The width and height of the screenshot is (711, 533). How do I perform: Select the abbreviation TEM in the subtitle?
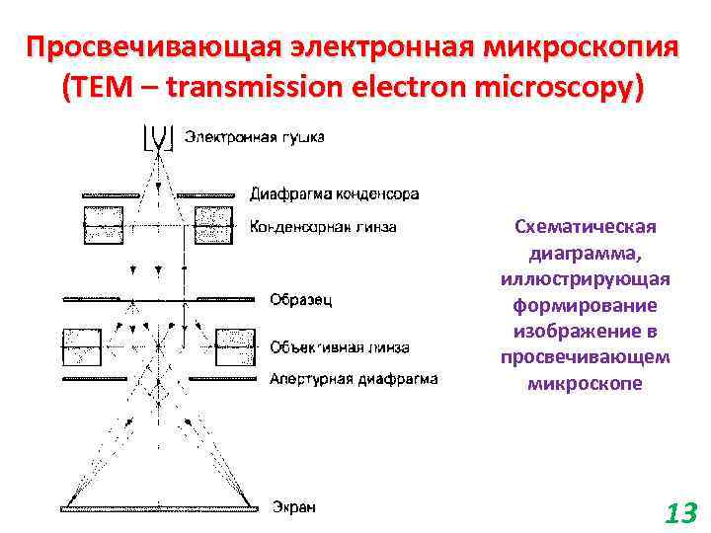click(97, 88)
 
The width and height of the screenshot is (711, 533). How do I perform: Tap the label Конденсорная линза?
click(324, 227)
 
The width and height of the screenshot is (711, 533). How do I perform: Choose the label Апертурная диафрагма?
click(354, 378)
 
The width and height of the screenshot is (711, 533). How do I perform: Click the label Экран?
click(293, 507)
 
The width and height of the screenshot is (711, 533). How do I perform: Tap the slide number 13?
click(680, 513)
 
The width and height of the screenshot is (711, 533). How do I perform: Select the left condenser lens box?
click(103, 226)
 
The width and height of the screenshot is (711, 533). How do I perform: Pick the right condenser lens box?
click(214, 226)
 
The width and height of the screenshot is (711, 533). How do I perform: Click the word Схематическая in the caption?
click(586, 227)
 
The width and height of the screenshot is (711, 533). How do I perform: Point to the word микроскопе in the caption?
click(586, 382)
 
